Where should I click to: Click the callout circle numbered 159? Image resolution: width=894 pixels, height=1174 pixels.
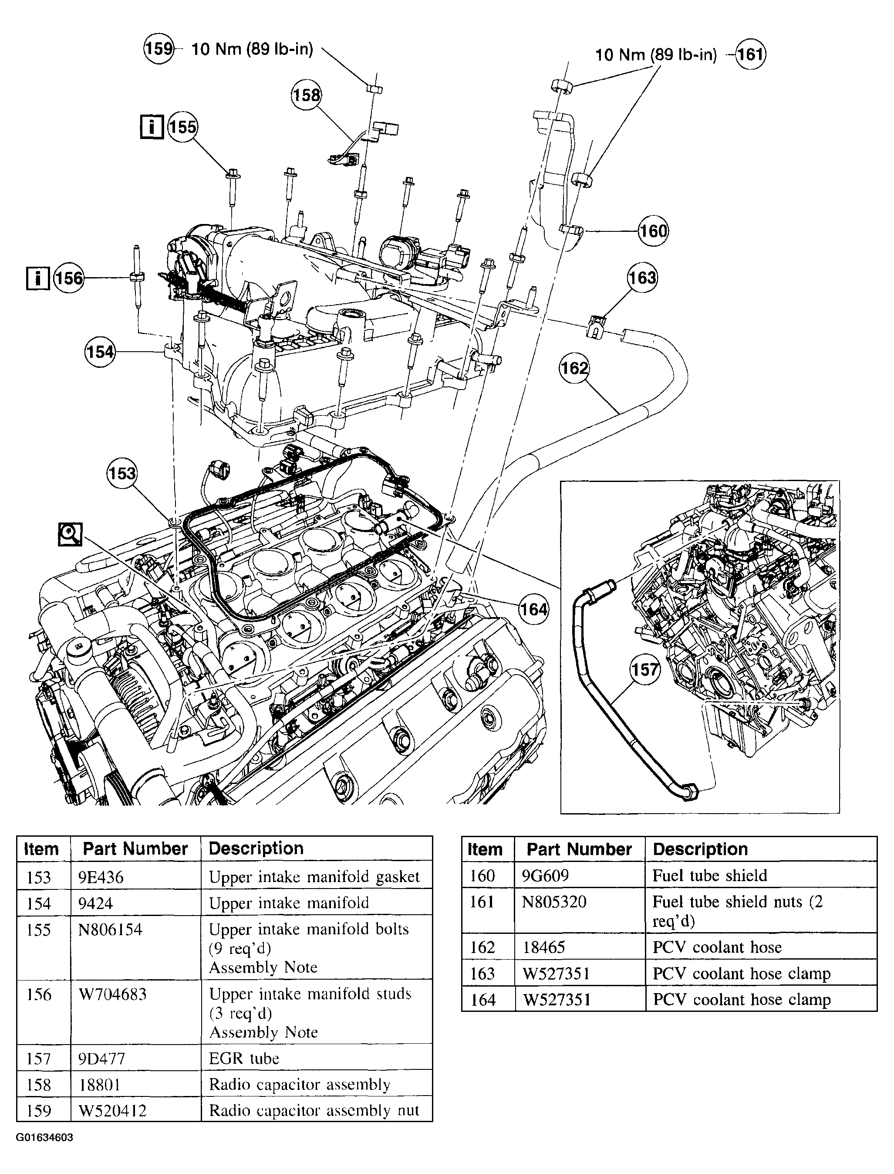[159, 49]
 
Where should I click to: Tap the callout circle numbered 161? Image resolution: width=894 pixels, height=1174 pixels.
[750, 54]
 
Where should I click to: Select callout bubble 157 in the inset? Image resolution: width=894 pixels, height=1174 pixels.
[645, 669]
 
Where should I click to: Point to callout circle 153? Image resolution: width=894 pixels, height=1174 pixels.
[122, 473]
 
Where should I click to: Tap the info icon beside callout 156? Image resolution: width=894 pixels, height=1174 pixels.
[37, 278]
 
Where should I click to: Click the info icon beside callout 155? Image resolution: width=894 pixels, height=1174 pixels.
[152, 127]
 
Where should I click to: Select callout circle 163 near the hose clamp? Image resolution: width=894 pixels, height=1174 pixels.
[642, 278]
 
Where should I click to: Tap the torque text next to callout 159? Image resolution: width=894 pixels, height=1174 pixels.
[252, 49]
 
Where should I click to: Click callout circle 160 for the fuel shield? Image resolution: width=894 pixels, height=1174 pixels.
[653, 231]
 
